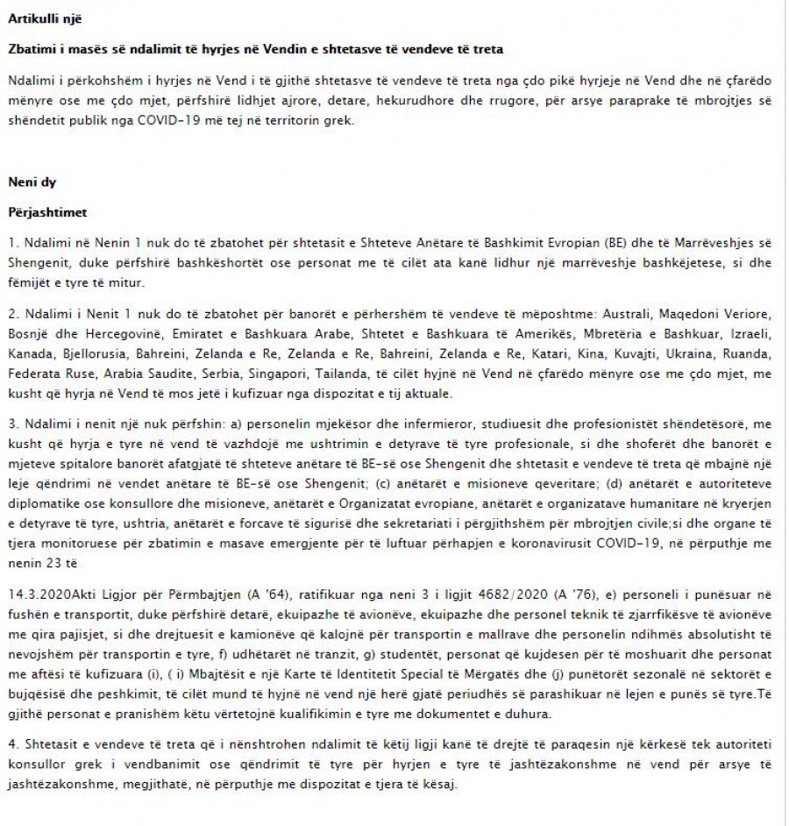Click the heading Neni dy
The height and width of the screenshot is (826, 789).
tap(32, 182)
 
